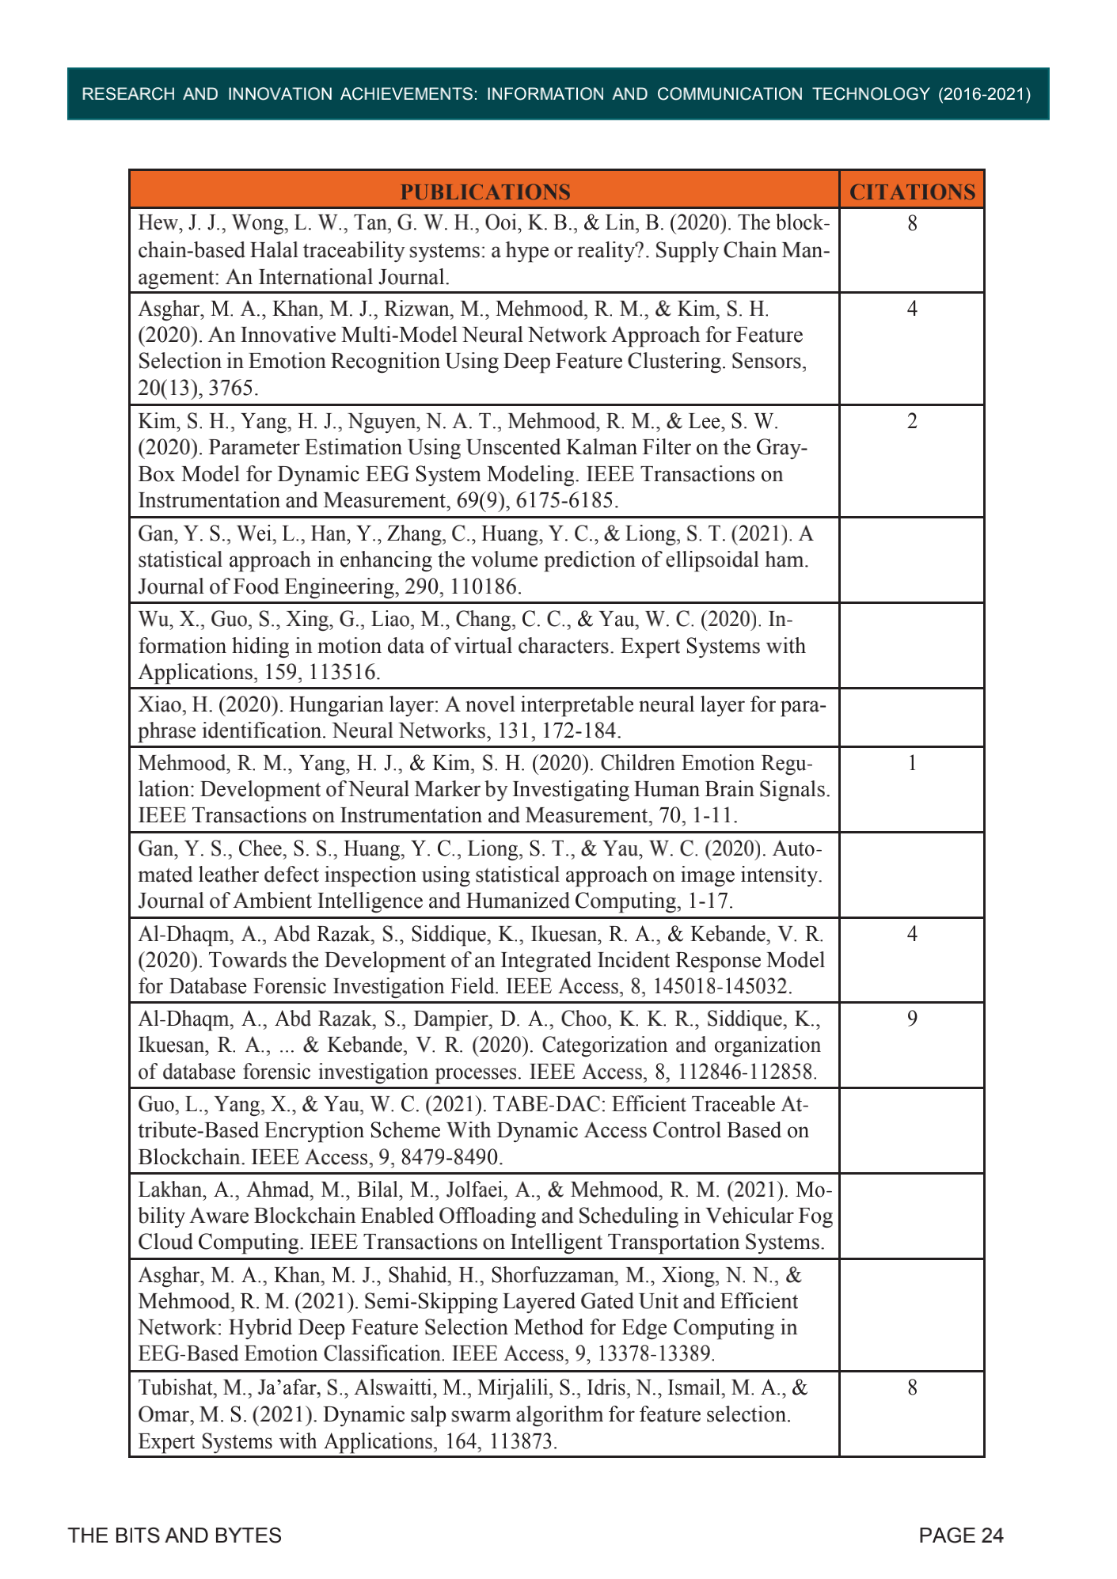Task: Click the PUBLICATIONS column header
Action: (x=484, y=192)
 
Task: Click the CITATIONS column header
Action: (x=912, y=192)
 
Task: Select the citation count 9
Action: (x=912, y=1019)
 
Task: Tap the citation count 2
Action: (x=912, y=421)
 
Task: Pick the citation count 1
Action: (x=912, y=763)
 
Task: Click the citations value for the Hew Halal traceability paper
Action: (x=912, y=223)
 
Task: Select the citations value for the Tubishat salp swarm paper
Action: (x=912, y=1387)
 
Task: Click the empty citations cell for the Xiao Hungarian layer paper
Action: (x=912, y=717)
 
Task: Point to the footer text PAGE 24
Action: (x=961, y=1535)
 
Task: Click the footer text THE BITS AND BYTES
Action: (x=175, y=1535)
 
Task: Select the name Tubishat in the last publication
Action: (x=171, y=1387)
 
